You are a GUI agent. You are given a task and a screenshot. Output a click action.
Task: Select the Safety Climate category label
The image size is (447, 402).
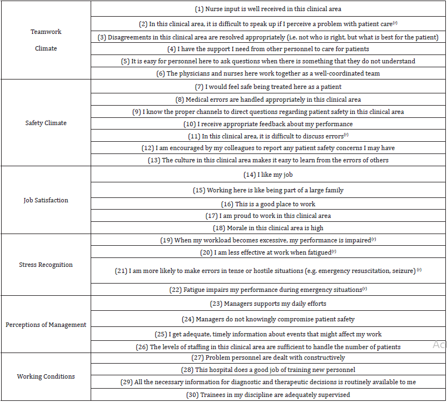coord(46,123)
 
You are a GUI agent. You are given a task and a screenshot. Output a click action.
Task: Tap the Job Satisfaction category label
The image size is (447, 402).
coord(46,200)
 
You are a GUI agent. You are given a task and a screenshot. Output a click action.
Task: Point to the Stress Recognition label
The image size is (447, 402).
coord(46,265)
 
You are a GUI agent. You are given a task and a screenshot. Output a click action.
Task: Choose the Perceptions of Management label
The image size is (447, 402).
coord(46,325)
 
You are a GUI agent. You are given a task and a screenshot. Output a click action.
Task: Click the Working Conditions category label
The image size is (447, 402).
coord(46,376)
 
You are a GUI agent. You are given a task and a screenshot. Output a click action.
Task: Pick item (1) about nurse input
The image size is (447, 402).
coord(267,9)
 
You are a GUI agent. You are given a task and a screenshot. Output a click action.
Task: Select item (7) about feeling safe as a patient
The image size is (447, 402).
coord(267,87)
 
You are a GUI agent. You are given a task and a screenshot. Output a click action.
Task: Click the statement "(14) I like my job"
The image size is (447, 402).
coord(267,175)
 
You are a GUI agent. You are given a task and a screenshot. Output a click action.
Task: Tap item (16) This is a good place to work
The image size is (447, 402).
coord(267,205)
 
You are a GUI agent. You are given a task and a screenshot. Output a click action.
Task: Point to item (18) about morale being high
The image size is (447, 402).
coord(267,228)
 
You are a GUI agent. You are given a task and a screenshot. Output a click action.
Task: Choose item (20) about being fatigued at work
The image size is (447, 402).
coord(267,252)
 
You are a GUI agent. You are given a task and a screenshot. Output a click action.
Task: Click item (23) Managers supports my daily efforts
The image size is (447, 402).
coord(267,304)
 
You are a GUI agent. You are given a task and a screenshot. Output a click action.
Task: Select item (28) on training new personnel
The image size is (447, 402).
coord(267,370)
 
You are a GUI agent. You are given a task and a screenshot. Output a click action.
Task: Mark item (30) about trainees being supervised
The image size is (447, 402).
coord(267,395)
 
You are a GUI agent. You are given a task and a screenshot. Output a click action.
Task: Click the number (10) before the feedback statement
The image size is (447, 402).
coord(190,124)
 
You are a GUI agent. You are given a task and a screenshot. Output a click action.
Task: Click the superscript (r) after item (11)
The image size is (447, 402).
coord(346,135)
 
